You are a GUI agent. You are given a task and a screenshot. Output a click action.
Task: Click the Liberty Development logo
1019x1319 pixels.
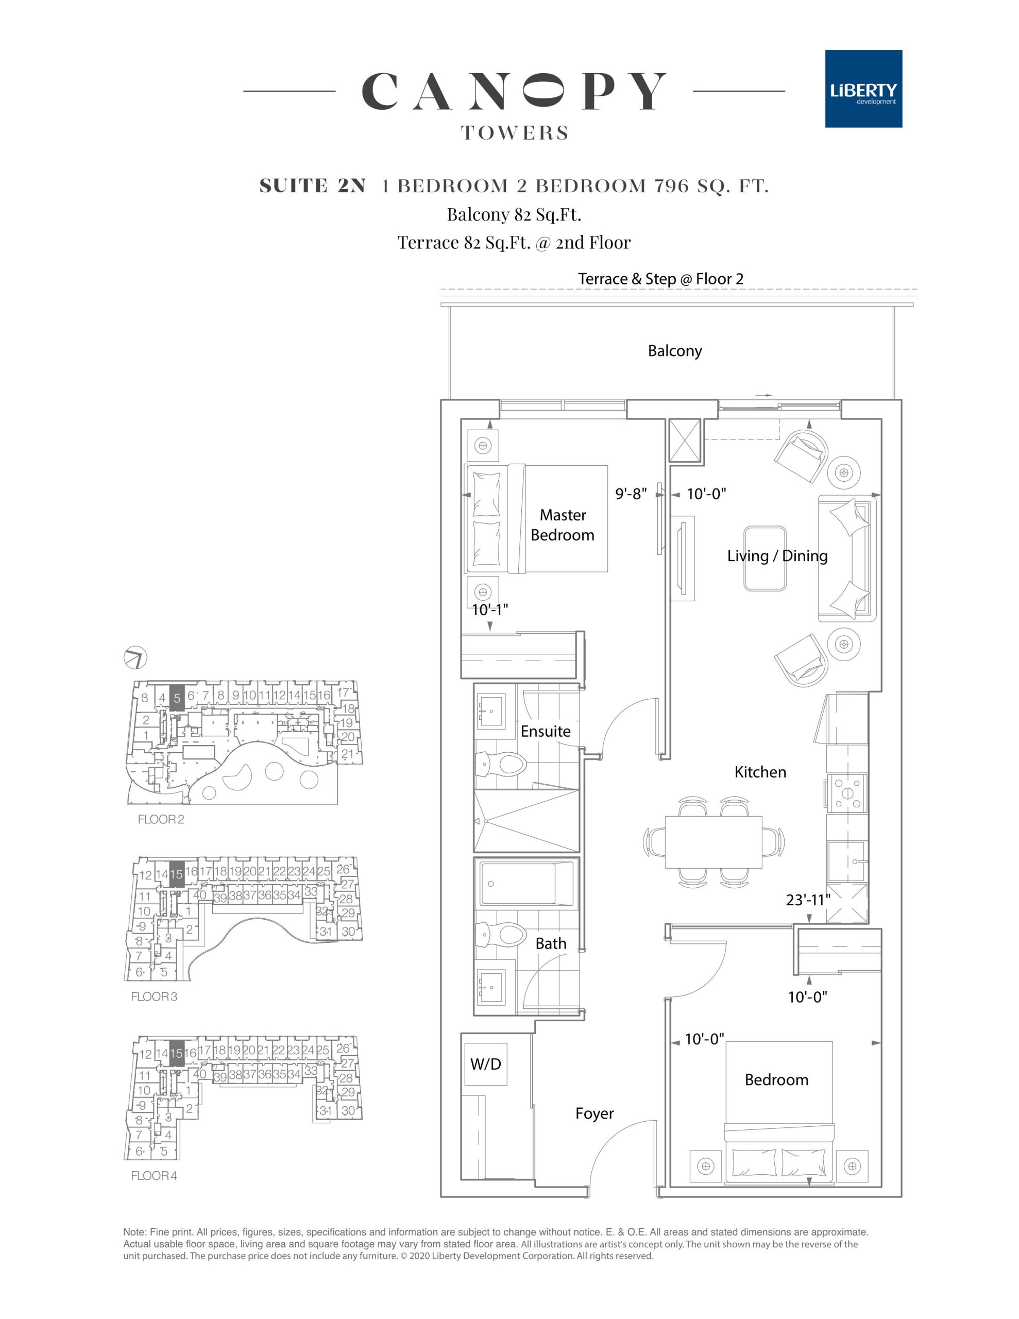click(x=863, y=89)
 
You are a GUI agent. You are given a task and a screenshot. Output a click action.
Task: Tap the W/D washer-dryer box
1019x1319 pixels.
click(x=486, y=1063)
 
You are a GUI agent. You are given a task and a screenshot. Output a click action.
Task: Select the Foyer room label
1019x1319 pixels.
click(x=595, y=1113)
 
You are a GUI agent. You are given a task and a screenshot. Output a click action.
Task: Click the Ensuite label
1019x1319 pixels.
click(x=546, y=731)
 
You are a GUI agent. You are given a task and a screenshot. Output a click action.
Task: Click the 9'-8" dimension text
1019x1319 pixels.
click(x=631, y=494)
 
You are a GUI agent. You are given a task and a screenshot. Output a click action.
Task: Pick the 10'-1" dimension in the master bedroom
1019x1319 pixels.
click(x=489, y=610)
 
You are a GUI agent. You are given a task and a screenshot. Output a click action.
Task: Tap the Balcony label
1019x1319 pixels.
click(x=675, y=351)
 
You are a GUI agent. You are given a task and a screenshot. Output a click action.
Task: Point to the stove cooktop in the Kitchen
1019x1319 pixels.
click(x=847, y=793)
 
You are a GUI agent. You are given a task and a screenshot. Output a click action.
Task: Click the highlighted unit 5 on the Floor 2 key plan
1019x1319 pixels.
click(x=176, y=698)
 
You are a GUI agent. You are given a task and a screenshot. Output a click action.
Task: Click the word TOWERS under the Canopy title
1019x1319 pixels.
click(x=515, y=133)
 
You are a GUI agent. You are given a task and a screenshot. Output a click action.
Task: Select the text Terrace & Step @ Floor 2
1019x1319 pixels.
click(x=661, y=279)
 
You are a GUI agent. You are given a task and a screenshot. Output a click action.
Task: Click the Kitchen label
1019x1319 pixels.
click(x=760, y=772)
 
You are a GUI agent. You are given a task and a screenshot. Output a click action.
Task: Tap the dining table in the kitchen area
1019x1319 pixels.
click(x=714, y=840)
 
